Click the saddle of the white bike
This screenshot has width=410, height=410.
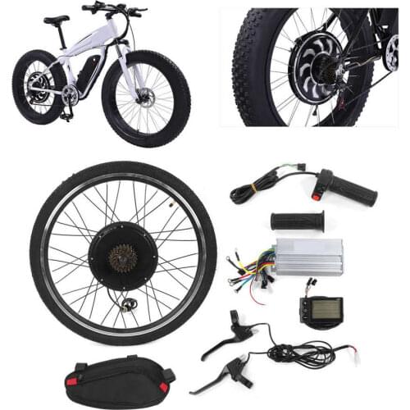[56, 19]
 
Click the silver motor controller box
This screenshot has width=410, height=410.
[308, 257]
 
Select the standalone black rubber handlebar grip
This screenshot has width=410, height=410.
[297, 221]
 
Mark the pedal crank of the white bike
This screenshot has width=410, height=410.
[69, 97]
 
